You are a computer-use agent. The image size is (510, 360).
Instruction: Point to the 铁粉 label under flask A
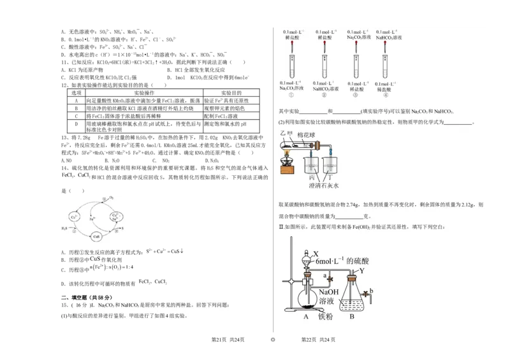(x=326, y=315)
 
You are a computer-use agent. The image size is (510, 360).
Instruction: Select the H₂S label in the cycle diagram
(x=64, y=228)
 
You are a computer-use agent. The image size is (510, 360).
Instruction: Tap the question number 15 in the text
(x=63, y=305)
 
